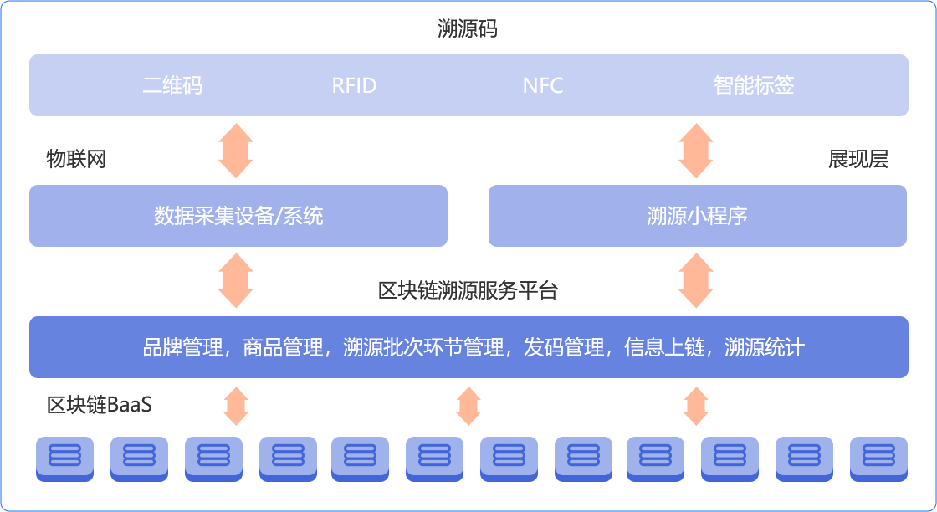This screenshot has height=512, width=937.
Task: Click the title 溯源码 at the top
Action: pyautogui.click(x=468, y=30)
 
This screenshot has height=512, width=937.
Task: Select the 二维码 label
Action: pyautogui.click(x=172, y=85)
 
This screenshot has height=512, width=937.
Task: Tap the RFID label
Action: pyautogui.click(x=354, y=85)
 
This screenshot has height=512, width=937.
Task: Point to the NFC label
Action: pyautogui.click(x=543, y=85)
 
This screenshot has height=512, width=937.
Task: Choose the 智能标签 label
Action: pyautogui.click(x=754, y=85)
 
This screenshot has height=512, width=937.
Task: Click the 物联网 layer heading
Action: pyautogui.click(x=76, y=159)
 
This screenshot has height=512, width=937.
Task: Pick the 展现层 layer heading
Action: pyautogui.click(x=858, y=159)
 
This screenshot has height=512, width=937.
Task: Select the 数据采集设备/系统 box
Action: pyautogui.click(x=238, y=216)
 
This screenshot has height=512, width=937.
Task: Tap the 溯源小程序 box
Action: pyautogui.click(x=697, y=216)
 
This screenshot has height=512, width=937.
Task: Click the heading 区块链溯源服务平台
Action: pyautogui.click(x=468, y=291)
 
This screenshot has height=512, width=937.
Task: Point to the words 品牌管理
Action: pyautogui.click(x=182, y=347)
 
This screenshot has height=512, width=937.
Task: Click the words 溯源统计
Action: pyautogui.click(x=765, y=347)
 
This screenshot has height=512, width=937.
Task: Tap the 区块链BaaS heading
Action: pyautogui.click(x=100, y=406)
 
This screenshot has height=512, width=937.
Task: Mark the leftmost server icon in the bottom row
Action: pyautogui.click(x=65, y=455)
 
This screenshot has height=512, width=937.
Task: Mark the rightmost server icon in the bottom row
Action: pyautogui.click(x=878, y=455)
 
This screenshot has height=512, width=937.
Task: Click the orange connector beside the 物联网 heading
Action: pyautogui.click(x=235, y=151)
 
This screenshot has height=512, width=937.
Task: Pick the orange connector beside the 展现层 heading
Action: pyautogui.click(x=695, y=151)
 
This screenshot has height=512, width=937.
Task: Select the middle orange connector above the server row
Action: pyautogui.click(x=468, y=406)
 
